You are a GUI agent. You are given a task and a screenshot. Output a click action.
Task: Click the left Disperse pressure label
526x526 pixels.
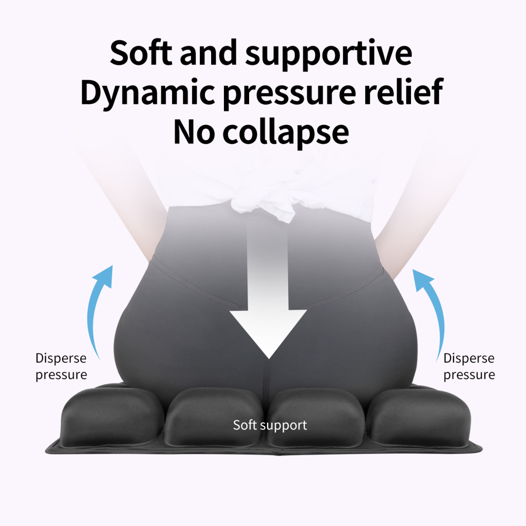tap(61, 366)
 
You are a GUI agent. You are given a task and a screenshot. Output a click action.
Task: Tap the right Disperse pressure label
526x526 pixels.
tap(469, 366)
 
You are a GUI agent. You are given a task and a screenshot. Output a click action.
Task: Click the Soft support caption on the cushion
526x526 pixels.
tap(270, 425)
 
